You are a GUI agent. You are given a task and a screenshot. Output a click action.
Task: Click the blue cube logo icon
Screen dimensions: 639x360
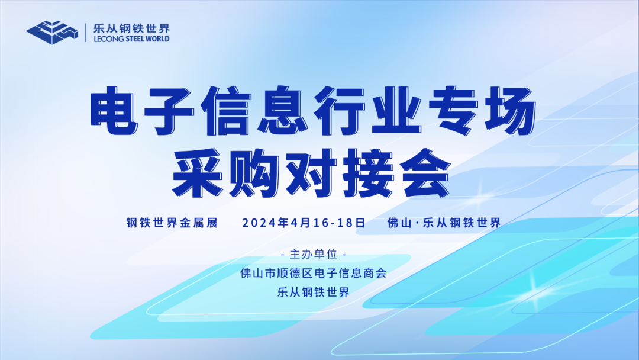(x=52, y=32)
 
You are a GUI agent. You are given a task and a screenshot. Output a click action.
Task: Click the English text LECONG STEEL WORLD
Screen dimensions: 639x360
(x=131, y=39)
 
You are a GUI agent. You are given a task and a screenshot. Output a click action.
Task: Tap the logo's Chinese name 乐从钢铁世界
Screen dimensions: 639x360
(x=131, y=28)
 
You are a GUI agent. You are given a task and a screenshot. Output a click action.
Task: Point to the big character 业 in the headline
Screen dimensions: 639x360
(x=396, y=111)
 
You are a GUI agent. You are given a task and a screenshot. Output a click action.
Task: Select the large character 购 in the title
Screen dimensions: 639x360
(x=254, y=173)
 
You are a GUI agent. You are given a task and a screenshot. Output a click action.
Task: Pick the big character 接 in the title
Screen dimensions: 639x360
(x=369, y=173)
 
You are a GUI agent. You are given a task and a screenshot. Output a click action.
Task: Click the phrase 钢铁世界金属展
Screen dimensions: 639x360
(x=172, y=223)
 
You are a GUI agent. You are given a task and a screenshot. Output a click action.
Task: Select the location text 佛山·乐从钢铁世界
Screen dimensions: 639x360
(x=444, y=223)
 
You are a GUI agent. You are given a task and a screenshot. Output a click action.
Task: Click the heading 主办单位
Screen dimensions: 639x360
(x=314, y=255)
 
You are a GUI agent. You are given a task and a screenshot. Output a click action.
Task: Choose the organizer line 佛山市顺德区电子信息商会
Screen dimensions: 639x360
(x=314, y=273)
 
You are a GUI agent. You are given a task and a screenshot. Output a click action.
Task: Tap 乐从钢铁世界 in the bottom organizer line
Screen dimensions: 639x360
(x=314, y=292)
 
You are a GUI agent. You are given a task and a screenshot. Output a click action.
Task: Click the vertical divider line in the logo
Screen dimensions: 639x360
(x=86, y=33)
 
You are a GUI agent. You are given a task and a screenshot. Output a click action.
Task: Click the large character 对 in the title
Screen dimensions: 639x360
(x=311, y=173)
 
